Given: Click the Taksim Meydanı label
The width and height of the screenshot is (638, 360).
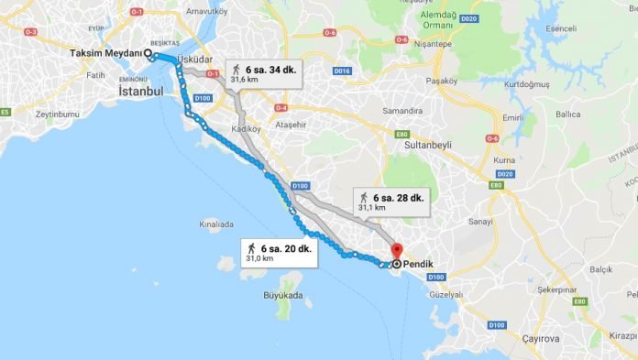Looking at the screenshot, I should [x=106, y=53].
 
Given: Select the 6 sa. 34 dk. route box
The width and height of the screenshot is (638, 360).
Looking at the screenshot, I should [x=266, y=73].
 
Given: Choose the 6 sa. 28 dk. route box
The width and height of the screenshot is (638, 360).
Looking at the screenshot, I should [x=392, y=202].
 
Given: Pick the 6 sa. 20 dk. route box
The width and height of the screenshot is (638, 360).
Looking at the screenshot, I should [x=280, y=253].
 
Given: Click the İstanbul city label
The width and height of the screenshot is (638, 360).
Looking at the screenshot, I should [x=141, y=92].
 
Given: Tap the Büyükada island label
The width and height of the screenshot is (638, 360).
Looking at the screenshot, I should [x=282, y=296].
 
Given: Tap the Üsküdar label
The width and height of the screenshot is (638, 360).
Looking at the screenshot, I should [x=194, y=59].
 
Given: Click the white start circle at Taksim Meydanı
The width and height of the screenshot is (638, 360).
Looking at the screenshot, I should [x=149, y=54].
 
